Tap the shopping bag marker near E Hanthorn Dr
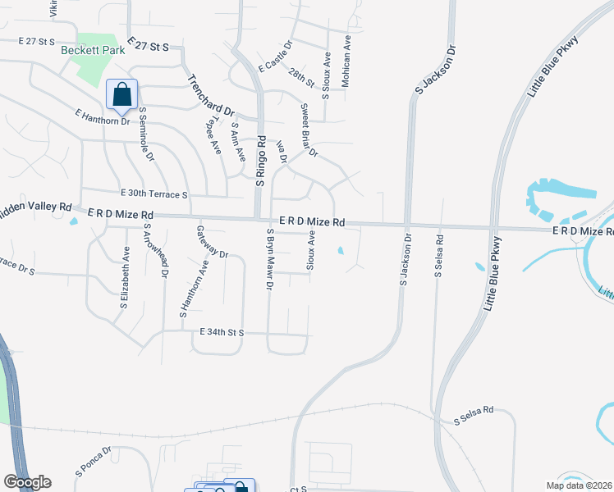[121, 95]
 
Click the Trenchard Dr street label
[211, 95]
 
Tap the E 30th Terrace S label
[154, 194]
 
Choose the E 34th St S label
[222, 332]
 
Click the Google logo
[27, 482]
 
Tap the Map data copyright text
[580, 485]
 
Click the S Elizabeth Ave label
[126, 277]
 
